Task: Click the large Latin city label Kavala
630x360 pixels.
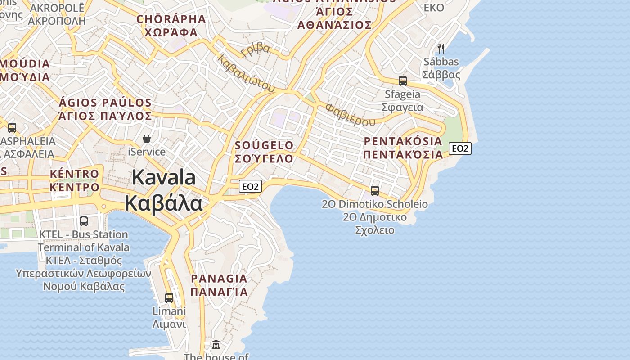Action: pyautogui.click(x=164, y=177)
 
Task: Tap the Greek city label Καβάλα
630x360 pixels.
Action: pyautogui.click(x=164, y=203)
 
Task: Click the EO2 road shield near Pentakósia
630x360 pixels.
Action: pyautogui.click(x=460, y=148)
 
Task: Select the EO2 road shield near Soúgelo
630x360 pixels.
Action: pyautogui.click(x=250, y=186)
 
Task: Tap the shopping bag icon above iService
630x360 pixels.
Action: pyautogui.click(x=147, y=139)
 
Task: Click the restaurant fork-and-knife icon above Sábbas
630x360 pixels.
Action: pyautogui.click(x=441, y=48)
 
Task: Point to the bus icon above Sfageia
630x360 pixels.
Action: pyautogui.click(x=403, y=81)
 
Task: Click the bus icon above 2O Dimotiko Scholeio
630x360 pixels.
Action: pyautogui.click(x=375, y=191)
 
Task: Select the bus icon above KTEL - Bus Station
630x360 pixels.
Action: pyautogui.click(x=84, y=221)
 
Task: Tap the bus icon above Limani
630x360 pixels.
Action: pyautogui.click(x=169, y=298)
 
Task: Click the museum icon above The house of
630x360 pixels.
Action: pyautogui.click(x=216, y=345)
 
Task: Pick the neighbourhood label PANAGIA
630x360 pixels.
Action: pyautogui.click(x=219, y=279)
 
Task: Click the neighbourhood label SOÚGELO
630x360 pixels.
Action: pyautogui.click(x=264, y=145)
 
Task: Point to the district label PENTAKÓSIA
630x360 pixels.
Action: pyautogui.click(x=403, y=141)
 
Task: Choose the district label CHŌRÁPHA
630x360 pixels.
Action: pyautogui.click(x=171, y=19)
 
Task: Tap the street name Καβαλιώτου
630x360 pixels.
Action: pyautogui.click(x=246, y=74)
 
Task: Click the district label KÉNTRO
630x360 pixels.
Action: pyautogui.click(x=75, y=174)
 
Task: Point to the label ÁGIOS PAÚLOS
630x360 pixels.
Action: pyautogui.click(x=105, y=103)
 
